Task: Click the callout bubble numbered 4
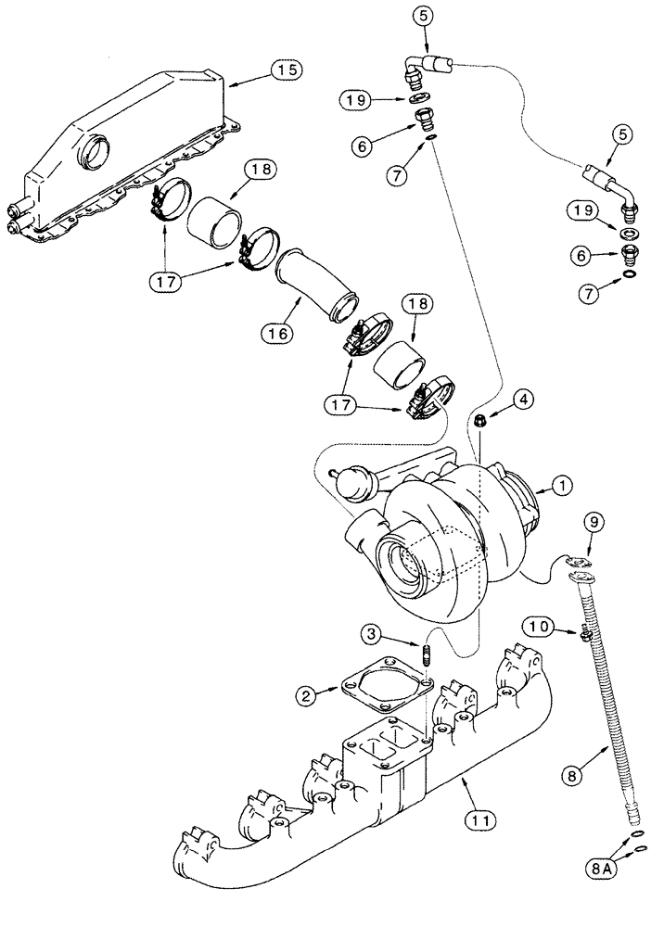tap(523, 400)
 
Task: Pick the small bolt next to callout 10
tap(586, 634)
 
